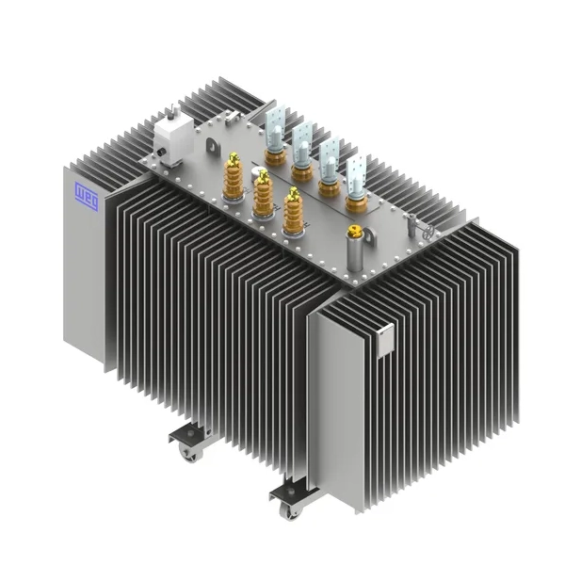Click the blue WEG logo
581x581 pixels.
[87, 197]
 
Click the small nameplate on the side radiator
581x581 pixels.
[386, 340]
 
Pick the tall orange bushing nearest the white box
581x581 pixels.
[234, 177]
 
